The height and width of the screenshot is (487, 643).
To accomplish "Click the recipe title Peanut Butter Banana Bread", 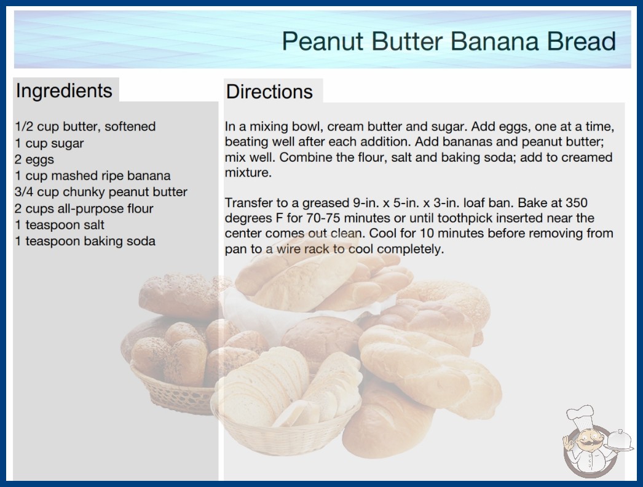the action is point(449,41).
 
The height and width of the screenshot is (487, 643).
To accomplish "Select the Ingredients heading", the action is point(64,91).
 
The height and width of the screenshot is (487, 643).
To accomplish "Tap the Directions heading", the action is point(269,92).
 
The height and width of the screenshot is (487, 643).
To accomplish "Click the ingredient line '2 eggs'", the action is point(34,160).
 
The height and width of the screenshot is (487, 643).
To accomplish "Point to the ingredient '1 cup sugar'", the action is point(49,143).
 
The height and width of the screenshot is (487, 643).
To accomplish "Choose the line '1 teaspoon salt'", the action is point(60,225).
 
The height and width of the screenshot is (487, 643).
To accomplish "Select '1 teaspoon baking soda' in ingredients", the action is point(85,241).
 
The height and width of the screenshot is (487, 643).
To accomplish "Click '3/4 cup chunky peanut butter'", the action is point(101,192).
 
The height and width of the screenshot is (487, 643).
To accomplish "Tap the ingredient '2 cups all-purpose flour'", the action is point(84,208).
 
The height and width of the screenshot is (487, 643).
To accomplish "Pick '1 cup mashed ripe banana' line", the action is point(92,176).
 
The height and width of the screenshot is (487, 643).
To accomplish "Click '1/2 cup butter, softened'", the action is point(85,127).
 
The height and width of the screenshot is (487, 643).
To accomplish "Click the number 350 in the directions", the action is point(576,203).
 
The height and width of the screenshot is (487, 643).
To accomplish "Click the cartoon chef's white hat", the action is point(580,415).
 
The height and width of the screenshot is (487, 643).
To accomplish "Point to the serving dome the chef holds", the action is point(619,440).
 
